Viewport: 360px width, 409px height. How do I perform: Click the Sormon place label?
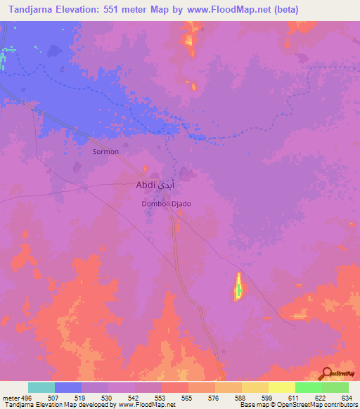tap(106, 151)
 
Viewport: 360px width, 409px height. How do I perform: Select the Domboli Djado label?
tap(167, 204)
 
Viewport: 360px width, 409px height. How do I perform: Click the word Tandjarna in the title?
tap(33, 9)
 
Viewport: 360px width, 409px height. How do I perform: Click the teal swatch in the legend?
tap(41, 387)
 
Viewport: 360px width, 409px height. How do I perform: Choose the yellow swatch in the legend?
tap(281, 387)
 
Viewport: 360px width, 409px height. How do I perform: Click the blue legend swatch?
tap(68, 387)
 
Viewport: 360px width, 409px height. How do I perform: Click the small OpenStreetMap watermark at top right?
tap(340, 68)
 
